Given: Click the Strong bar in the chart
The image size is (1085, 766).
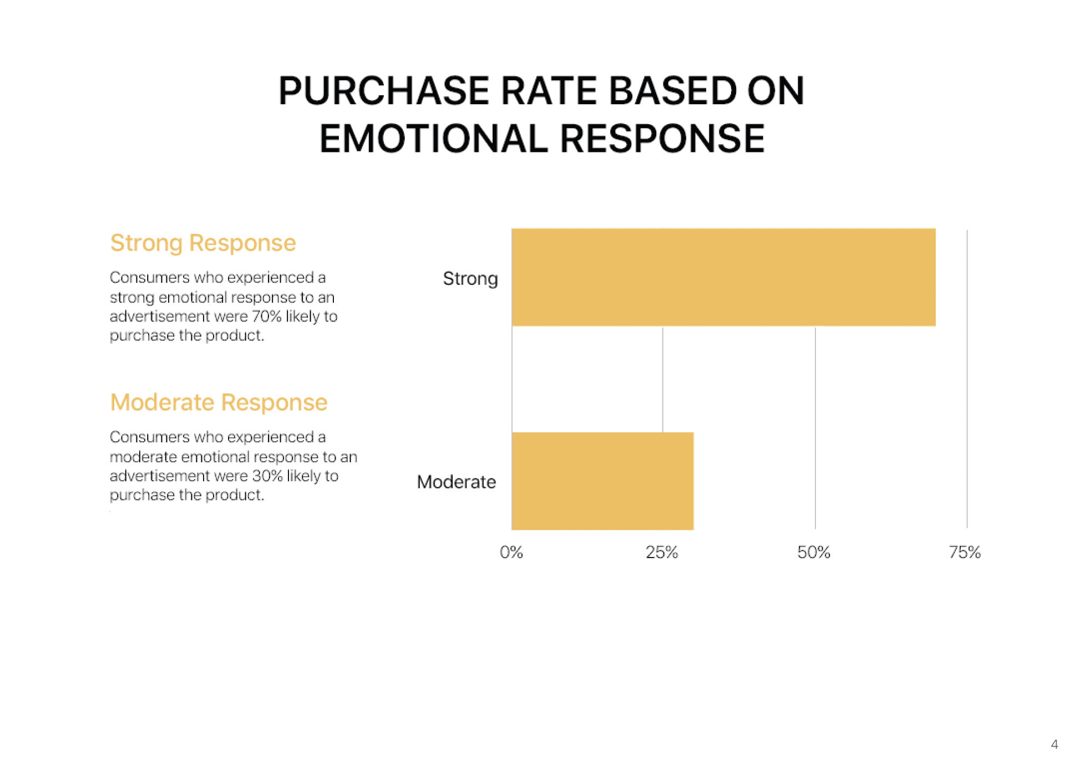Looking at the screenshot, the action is pyautogui.click(x=723, y=277).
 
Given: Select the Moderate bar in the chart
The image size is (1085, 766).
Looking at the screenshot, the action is pyautogui.click(x=602, y=481).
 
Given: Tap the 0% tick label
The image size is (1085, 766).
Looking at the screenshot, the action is pyautogui.click(x=511, y=552).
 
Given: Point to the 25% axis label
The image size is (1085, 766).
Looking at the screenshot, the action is pyautogui.click(x=662, y=552).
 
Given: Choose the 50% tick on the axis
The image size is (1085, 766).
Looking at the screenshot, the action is pyautogui.click(x=814, y=552).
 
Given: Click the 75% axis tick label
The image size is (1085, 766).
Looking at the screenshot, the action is pyautogui.click(x=965, y=552).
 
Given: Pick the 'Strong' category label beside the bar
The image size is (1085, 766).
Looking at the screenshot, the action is pyautogui.click(x=470, y=279).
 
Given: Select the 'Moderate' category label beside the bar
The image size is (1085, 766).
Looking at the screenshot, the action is pyautogui.click(x=457, y=482).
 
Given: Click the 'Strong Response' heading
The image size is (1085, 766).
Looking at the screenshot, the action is pyautogui.click(x=203, y=243).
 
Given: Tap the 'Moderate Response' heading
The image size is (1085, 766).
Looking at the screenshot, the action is pyautogui.click(x=219, y=402).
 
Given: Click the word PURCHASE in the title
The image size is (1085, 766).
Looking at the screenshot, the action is pyautogui.click(x=384, y=91).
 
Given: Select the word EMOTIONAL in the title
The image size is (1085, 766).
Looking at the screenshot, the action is pyautogui.click(x=434, y=139).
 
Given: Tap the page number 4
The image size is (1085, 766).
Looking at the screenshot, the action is pyautogui.click(x=1054, y=744).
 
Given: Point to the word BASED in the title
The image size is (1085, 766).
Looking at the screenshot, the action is pyautogui.click(x=672, y=91).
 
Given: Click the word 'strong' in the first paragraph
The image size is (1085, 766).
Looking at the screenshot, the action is pyautogui.click(x=132, y=298).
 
